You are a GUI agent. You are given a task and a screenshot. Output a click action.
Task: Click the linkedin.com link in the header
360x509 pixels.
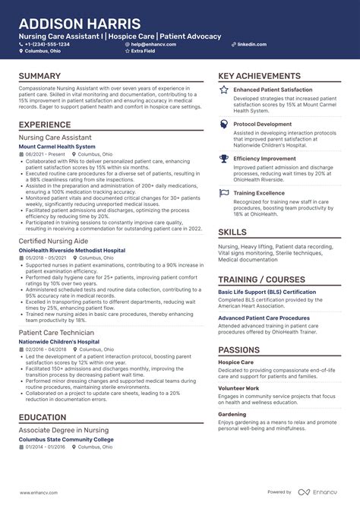[x=251, y=44]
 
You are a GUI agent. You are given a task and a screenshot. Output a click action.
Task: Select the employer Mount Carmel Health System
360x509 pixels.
[x=57, y=146]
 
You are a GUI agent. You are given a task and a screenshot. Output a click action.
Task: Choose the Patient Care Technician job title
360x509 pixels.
[x=56, y=333]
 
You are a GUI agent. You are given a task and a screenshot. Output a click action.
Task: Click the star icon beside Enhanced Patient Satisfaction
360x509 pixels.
[x=224, y=90]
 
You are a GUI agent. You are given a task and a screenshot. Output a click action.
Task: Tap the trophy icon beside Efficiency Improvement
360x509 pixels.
[x=224, y=159]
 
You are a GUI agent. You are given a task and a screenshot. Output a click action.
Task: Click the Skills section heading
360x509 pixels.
[x=232, y=232]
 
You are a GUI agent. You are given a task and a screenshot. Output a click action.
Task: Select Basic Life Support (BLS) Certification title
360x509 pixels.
[x=267, y=291]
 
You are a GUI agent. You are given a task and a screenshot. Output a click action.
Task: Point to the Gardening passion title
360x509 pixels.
[x=231, y=415]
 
